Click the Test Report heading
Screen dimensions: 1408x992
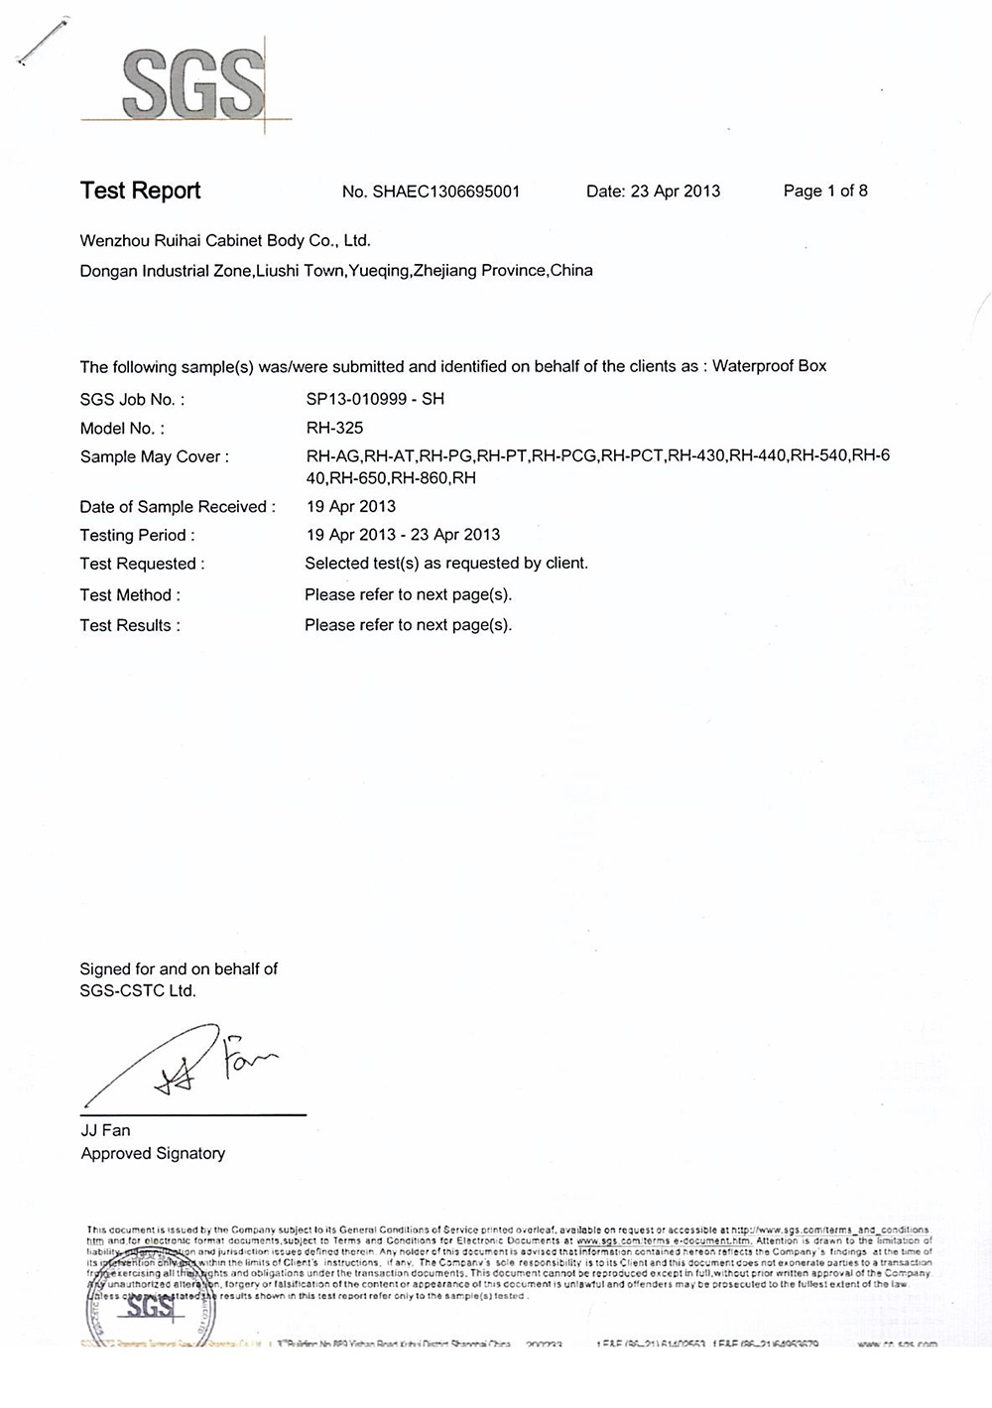pos(140,191)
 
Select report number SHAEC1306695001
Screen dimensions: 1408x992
pos(445,192)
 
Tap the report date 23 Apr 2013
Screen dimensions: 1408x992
pos(675,191)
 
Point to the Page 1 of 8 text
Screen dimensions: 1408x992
pos(824,191)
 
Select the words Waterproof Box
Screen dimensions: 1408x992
pos(769,365)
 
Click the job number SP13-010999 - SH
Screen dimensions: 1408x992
pos(375,399)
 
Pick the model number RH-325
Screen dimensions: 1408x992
pos(334,428)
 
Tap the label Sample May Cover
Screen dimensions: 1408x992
pos(154,456)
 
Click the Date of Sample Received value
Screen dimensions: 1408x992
pos(350,506)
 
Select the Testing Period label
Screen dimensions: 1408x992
pos(137,535)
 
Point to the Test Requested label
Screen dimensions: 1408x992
pos(142,564)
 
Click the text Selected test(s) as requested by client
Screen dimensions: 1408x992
pos(445,563)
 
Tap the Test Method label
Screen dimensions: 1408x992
pos(130,595)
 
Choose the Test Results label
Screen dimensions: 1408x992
pos(130,625)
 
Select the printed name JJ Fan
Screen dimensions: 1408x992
pos(105,1130)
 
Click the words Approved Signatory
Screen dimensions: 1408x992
pos(153,1153)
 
